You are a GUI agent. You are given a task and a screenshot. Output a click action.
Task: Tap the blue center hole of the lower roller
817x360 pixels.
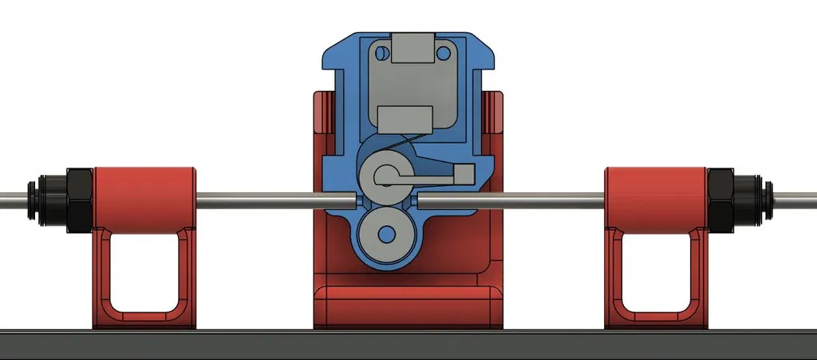click(x=388, y=234)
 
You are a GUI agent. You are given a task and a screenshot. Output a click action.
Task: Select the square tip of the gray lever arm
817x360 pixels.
click(x=463, y=172)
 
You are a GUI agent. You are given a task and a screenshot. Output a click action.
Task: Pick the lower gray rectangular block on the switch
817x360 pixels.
click(x=405, y=119)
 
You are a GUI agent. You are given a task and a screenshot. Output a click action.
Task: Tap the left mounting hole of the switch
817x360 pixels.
click(x=381, y=53)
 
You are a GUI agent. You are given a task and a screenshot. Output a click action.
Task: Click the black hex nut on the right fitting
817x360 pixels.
click(x=721, y=200)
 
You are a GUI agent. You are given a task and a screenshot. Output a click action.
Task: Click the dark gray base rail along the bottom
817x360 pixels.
click(x=408, y=344)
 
